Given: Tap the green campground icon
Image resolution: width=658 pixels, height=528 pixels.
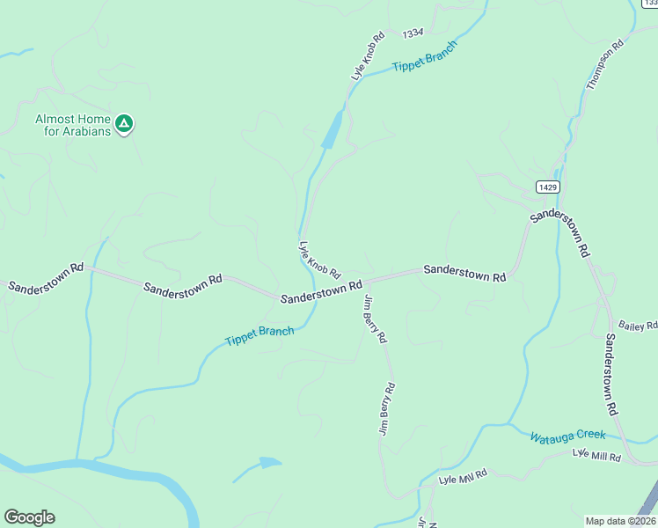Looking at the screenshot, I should tap(125, 124).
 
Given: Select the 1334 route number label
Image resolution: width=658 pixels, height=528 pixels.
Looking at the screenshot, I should tap(413, 33).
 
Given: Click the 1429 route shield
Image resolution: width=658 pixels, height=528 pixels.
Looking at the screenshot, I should tap(547, 187).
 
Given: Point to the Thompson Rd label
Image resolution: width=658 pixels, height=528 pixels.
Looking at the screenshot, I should tap(604, 62).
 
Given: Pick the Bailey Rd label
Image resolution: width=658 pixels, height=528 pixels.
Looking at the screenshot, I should tap(638, 326).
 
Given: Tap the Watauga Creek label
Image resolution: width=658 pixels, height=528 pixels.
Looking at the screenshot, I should tap(567, 436).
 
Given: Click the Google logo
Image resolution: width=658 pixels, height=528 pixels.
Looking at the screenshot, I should tap(29, 517).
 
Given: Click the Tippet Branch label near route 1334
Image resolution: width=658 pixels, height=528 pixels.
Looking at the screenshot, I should tap(425, 55).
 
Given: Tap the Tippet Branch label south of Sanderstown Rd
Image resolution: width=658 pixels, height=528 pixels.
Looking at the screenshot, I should tap(259, 336).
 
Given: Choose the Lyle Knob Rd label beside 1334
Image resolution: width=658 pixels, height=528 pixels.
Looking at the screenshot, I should tap(369, 57).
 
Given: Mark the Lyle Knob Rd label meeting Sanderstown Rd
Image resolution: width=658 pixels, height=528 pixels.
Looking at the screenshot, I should tap(319, 260).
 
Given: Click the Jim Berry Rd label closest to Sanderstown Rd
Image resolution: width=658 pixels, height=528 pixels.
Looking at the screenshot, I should tap(374, 319).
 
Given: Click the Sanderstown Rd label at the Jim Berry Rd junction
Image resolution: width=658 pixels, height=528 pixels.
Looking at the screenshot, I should tap(321, 292).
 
